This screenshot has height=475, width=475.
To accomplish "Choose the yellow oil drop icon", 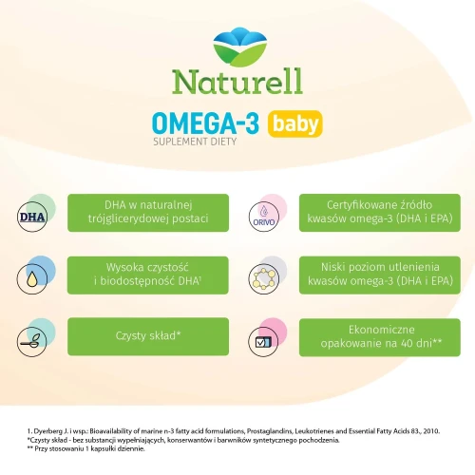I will pos(31,277).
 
